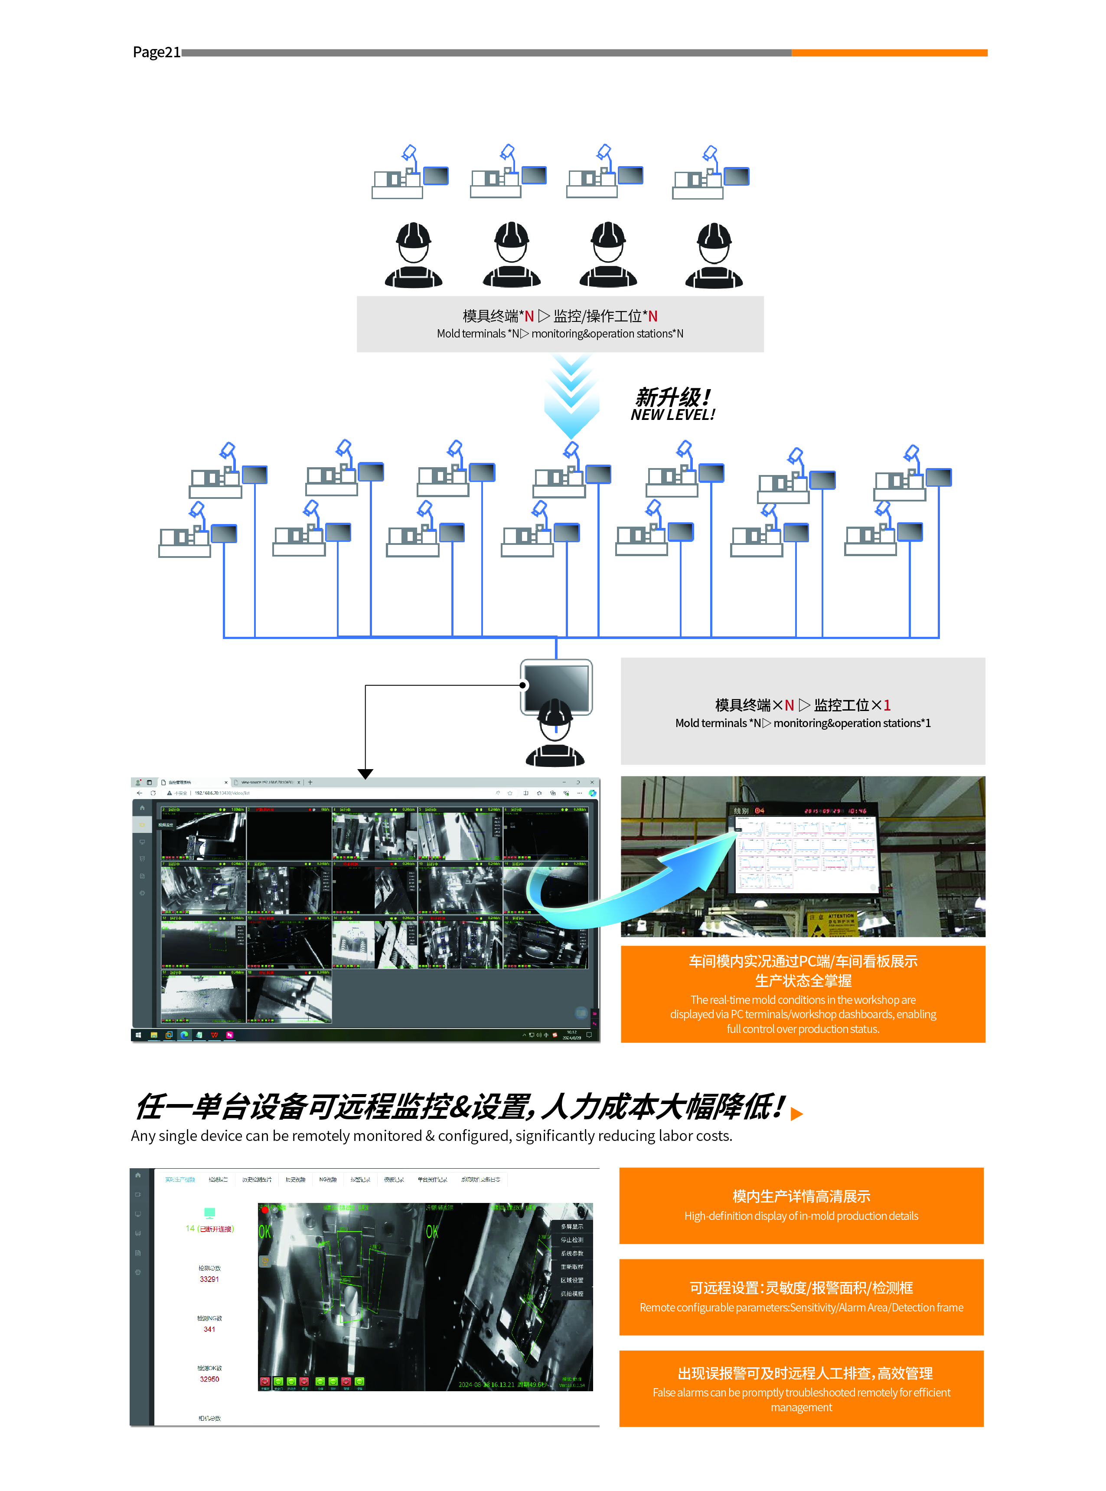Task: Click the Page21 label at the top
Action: click(157, 52)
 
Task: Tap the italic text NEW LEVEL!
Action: click(672, 415)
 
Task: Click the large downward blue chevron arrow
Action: click(571, 399)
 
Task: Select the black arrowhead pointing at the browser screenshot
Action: click(365, 773)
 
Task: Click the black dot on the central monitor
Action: click(523, 685)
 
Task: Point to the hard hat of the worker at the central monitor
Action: click(555, 710)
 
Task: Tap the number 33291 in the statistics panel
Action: click(209, 1279)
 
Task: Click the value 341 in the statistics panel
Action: click(209, 1329)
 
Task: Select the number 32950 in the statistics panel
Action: click(209, 1379)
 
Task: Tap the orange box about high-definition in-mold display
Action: click(801, 1205)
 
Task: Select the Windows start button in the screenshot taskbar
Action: click(138, 1035)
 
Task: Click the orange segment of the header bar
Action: click(889, 52)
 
